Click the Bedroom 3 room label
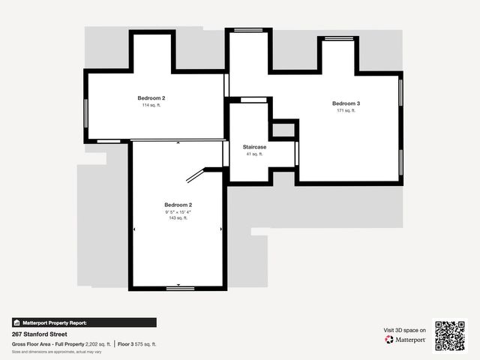(346, 103)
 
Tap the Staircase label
(254, 147)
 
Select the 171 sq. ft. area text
(346, 110)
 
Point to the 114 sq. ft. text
(151, 106)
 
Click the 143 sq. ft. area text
(178, 218)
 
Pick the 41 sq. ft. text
(254, 154)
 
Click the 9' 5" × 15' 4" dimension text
(178, 211)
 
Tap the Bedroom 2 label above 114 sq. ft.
(151, 98)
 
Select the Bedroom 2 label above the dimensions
(178, 205)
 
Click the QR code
(450, 335)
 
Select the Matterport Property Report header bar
(84, 322)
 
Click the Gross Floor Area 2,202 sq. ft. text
(61, 343)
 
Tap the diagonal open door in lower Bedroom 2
(195, 175)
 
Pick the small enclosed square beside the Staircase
(283, 130)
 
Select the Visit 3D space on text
(405, 330)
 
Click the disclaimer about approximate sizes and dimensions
(57, 351)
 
